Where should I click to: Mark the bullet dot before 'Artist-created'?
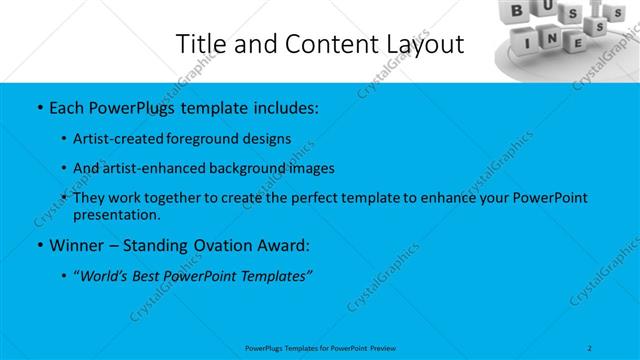tap(66, 138)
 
